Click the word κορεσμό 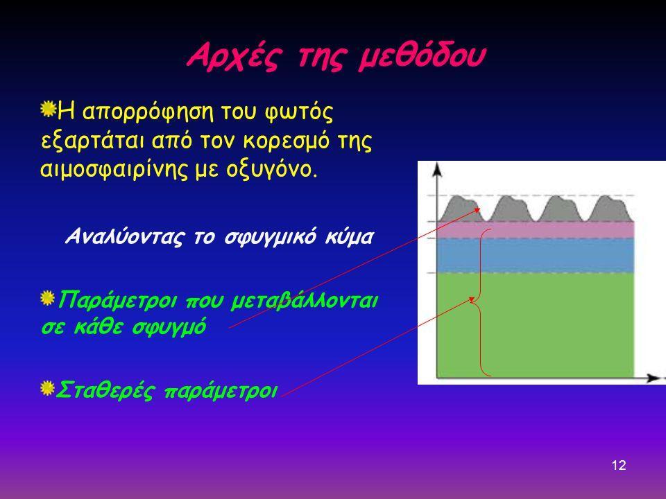pos(287,141)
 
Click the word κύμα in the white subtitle pos(349,236)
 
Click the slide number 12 pos(619,466)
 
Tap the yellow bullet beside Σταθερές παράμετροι pos(48,389)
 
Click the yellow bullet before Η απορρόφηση pos(49,110)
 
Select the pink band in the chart pos(536,229)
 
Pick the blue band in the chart pos(536,256)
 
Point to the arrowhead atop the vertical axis pos(437,169)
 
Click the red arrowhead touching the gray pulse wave pos(477,209)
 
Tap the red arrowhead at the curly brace pos(471,299)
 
